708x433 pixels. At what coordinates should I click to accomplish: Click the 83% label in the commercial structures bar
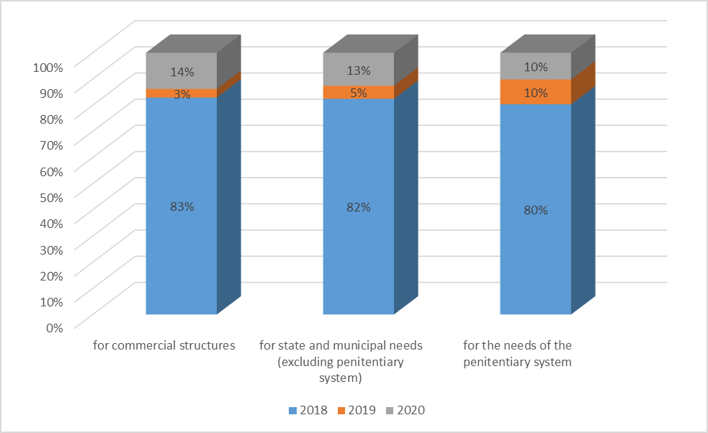point(182,206)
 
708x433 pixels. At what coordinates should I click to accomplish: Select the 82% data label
point(359,207)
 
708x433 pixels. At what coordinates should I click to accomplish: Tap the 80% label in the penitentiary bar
point(535,211)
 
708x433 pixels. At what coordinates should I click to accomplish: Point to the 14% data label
point(182,72)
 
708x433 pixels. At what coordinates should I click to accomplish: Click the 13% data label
point(359,70)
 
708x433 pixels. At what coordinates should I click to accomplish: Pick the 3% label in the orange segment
point(182,94)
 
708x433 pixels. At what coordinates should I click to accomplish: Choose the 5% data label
point(359,93)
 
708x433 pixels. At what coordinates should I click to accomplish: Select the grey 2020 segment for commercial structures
point(162,70)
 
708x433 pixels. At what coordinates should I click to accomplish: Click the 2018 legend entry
point(308,411)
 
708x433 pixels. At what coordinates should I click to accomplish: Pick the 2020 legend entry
point(405,411)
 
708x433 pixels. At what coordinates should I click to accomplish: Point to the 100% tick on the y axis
point(48,66)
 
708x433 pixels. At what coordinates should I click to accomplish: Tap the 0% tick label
point(55,327)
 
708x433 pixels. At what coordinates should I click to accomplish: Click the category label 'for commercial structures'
point(164,345)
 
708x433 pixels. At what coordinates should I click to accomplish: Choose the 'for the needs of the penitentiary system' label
point(517,353)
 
